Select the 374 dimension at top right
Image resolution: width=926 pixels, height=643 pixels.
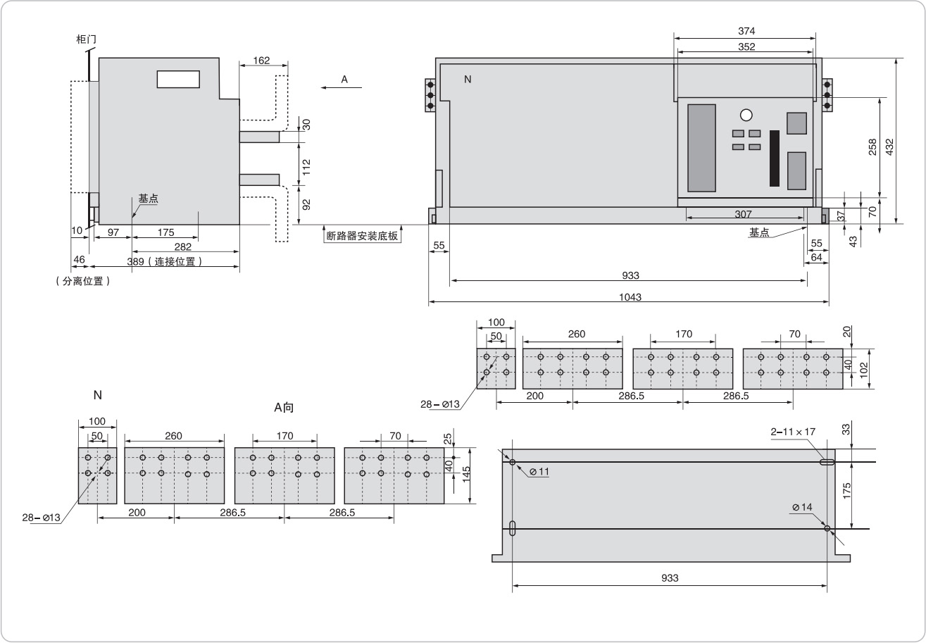(x=746, y=32)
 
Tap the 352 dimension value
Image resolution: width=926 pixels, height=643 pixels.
(x=746, y=47)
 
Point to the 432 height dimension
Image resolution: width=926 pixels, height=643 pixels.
(x=890, y=146)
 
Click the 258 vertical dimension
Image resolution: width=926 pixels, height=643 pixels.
(x=872, y=146)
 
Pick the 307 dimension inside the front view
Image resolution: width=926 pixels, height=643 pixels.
(x=743, y=214)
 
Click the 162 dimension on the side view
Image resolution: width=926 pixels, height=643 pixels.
(x=261, y=61)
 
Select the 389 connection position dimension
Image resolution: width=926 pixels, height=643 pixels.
(x=166, y=261)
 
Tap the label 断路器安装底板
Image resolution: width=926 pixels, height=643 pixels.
(x=363, y=236)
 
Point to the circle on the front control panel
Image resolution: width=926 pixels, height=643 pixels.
(x=746, y=115)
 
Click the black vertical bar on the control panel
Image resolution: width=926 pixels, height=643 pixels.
(x=775, y=158)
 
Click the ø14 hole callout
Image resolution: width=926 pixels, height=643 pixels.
(x=801, y=507)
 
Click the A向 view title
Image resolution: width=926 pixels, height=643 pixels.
(x=284, y=408)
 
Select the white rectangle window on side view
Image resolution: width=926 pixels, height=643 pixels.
(x=179, y=79)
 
